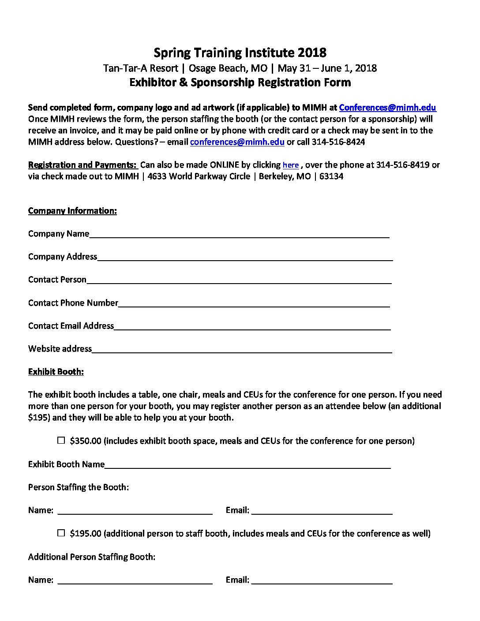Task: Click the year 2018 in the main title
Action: pos(312,53)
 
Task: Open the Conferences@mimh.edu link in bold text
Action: pos(387,108)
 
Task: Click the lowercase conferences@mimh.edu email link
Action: pos(237,142)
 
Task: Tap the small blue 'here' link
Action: pos(291,165)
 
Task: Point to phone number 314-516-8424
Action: pos(338,142)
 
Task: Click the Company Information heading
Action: pos(72,211)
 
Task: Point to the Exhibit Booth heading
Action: pos(56,372)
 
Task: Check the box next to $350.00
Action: pos(61,441)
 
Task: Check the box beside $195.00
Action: pos(61,533)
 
